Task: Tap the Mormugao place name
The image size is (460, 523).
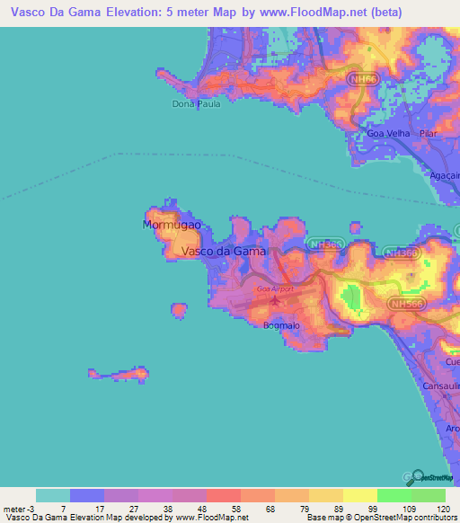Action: (x=171, y=225)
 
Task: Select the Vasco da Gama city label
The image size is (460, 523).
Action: (x=224, y=252)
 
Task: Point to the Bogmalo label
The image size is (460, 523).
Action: (x=282, y=325)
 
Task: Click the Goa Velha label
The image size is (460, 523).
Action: (x=389, y=133)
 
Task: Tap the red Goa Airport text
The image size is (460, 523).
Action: (x=275, y=289)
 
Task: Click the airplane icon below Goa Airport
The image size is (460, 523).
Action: (x=275, y=300)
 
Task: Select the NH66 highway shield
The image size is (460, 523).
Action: (x=359, y=79)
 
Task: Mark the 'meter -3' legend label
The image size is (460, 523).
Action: (x=19, y=507)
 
